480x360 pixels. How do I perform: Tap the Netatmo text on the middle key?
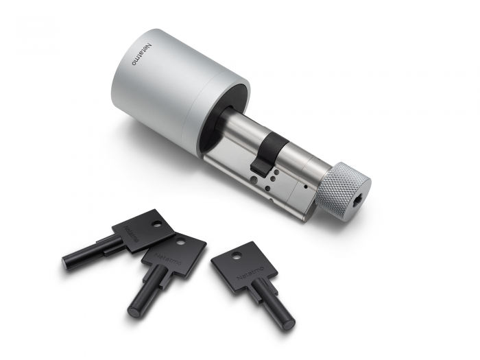pos(164,259)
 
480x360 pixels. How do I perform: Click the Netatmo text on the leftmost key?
pos(132,232)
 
